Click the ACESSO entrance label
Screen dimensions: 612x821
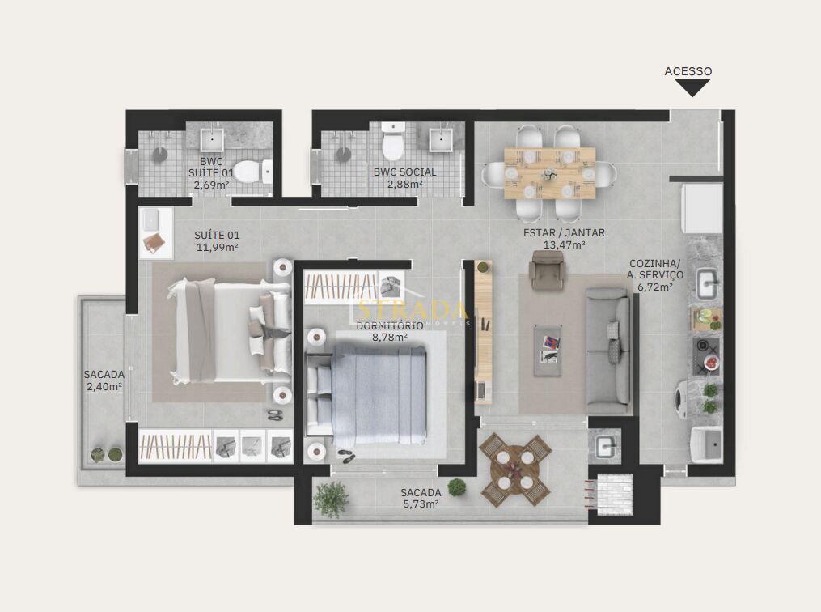pos(688,71)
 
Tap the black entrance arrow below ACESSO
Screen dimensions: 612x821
pos(692,87)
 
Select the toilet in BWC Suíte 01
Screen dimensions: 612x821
pos(255,172)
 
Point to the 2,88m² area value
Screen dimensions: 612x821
pos(404,185)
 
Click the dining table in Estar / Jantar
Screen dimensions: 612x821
pos(549,172)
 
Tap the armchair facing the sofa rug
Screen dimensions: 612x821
pos(547,270)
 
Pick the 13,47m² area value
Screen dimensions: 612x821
pos(564,244)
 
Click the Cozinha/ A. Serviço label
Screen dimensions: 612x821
pos(656,270)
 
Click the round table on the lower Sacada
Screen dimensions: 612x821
pos(515,470)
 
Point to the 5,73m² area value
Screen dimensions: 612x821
pos(421,504)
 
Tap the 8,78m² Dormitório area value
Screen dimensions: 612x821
pos(389,338)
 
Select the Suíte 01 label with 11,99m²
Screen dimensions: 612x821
pos(217,241)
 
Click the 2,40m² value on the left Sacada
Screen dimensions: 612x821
pos(104,387)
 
